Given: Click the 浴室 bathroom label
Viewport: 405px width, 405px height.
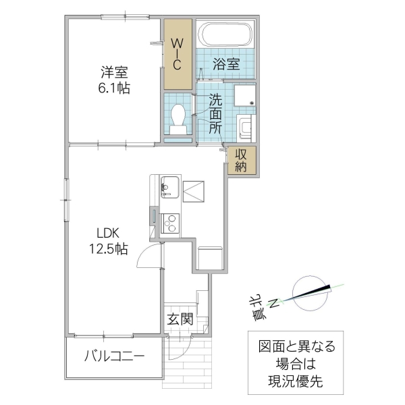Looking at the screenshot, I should (226, 65).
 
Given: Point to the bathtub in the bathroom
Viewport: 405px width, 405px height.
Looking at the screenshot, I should (227, 34).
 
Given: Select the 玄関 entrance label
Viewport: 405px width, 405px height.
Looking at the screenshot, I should (181, 319).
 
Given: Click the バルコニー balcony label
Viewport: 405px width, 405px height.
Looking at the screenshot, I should (114, 356).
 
